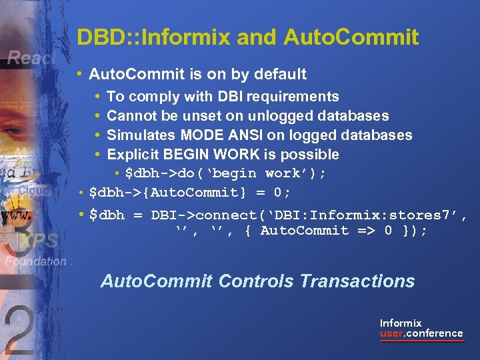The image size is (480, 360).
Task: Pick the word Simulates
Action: coord(137,135)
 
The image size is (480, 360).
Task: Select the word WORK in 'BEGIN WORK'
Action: coord(233,155)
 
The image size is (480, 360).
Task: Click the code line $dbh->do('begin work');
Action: coord(226,173)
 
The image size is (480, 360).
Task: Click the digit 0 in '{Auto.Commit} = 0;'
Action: coord(278,193)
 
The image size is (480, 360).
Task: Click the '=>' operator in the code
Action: coord(361,231)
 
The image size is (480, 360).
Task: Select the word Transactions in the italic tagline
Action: coord(357,281)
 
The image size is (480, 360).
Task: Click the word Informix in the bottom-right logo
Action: coord(401,323)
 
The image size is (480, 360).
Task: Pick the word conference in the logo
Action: coord(436,333)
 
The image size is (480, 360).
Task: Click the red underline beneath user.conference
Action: coord(421,341)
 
